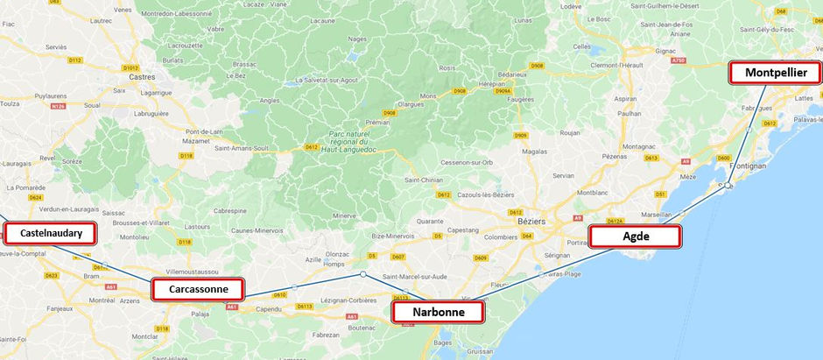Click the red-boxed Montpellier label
coord(776,74)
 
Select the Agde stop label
coord(636,236)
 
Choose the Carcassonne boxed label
coord(197,289)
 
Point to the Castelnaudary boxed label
coord(51,233)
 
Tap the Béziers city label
coord(531,222)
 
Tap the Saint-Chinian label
coord(423,180)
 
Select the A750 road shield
coord(677,61)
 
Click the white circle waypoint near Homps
coord(362,274)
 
